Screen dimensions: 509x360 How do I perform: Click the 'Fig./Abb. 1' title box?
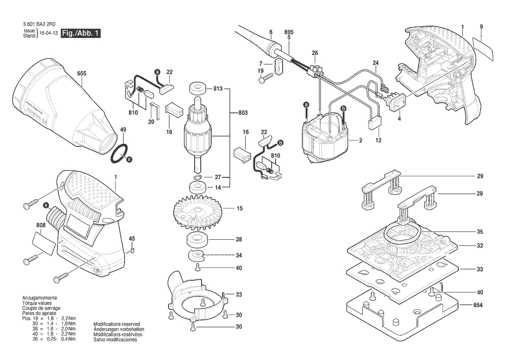point(81,33)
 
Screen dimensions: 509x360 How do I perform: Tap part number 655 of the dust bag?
point(82,73)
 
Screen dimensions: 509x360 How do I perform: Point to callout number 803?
point(243,113)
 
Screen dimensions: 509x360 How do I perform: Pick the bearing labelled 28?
point(196,240)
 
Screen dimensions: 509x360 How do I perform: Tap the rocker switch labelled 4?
point(395,103)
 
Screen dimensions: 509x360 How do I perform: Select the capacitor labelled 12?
point(374,123)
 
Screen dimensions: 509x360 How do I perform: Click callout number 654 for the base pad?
point(478,305)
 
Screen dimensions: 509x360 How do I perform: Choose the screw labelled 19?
point(266,78)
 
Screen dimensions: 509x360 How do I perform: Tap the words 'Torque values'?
point(37,303)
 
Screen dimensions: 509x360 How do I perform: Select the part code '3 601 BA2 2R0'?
point(39,24)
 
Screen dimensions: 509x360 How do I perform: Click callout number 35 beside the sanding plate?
point(480,232)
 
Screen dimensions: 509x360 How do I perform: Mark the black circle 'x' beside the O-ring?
point(129,160)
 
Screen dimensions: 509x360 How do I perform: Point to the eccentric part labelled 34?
point(196,255)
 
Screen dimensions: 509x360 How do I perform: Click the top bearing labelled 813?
point(197,88)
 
